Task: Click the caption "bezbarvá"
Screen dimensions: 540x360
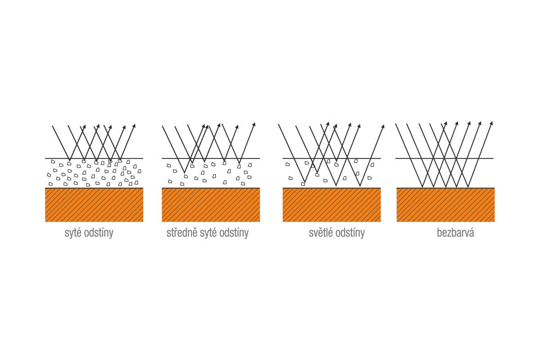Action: click(455, 233)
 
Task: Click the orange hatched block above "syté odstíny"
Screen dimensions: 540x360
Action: click(94, 205)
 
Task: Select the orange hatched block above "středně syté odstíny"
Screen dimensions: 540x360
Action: click(211, 205)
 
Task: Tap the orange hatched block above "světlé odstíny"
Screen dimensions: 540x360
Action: click(332, 205)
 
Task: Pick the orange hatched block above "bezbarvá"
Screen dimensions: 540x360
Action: click(446, 205)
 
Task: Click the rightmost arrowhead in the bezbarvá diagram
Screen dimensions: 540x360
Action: click(491, 123)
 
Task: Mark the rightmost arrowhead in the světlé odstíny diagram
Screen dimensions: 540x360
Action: click(383, 126)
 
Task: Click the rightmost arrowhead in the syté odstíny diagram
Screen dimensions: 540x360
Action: click(134, 126)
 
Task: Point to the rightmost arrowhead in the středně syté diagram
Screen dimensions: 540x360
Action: click(254, 124)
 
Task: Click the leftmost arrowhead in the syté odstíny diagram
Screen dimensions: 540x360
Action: click(85, 126)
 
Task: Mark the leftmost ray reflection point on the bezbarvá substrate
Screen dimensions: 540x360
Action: click(423, 187)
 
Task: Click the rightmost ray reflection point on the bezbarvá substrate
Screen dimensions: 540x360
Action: click(468, 187)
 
